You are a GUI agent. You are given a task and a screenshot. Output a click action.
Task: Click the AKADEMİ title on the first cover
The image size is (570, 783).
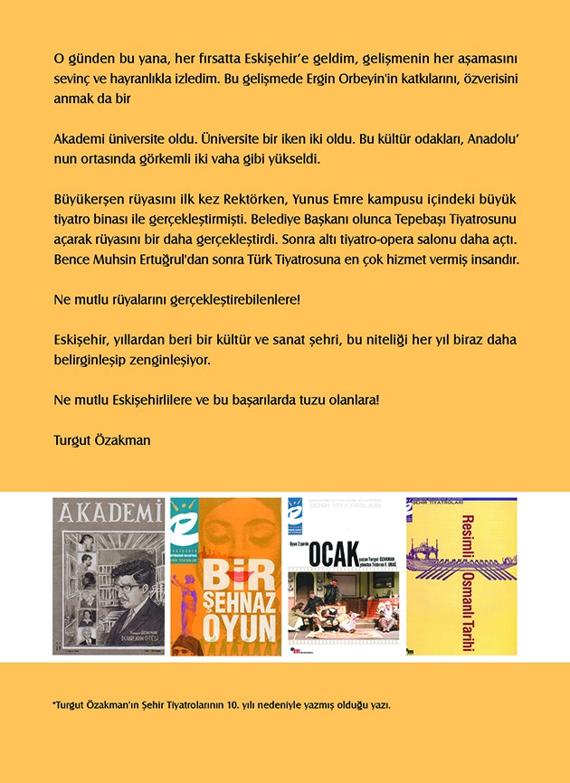click(x=109, y=516)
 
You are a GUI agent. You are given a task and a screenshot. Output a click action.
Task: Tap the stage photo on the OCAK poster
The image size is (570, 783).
click(x=342, y=600)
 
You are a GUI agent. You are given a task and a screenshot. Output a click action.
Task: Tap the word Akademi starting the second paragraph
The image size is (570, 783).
click(x=80, y=143)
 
